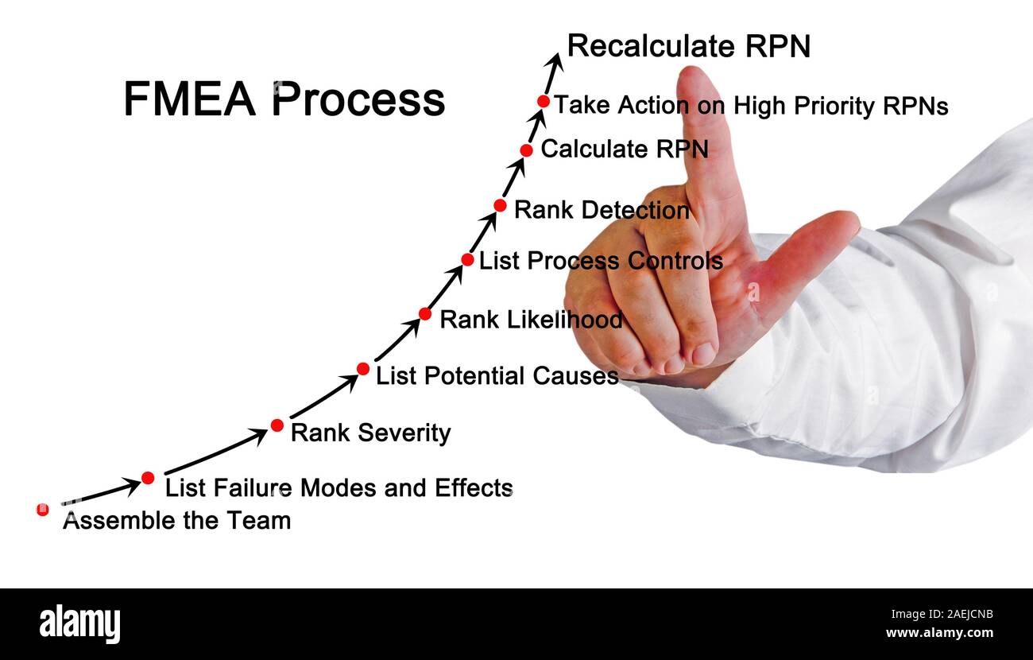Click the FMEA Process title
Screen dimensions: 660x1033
click(284, 100)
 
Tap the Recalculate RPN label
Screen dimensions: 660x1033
click(688, 47)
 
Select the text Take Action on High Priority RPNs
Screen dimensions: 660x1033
click(750, 106)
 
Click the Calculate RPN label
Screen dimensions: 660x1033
click(624, 149)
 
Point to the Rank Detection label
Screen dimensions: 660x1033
click(602, 210)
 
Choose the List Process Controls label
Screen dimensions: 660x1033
click(601, 261)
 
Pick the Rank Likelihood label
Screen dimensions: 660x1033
click(531, 320)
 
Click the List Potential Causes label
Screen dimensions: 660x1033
click(497, 375)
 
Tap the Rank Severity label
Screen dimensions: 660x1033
click(370, 433)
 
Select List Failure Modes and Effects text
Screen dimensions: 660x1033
click(339, 487)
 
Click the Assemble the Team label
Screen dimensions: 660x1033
click(176, 521)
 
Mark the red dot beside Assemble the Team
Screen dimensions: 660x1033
click(43, 510)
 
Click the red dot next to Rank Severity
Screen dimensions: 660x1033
click(277, 425)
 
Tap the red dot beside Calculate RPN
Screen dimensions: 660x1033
click(526, 150)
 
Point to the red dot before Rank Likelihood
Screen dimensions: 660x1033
click(425, 314)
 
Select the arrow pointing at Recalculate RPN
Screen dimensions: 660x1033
click(553, 72)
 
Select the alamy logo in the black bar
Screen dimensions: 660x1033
click(79, 623)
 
